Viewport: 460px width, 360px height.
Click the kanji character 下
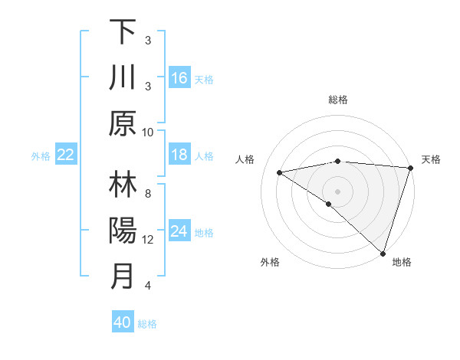point(123,32)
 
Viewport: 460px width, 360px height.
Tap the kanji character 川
point(123,77)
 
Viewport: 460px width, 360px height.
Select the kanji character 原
point(123,123)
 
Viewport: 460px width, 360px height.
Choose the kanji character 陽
point(123,231)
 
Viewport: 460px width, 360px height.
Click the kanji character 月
point(123,276)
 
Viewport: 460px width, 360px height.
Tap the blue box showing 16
point(179,77)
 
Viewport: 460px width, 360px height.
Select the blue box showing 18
point(179,155)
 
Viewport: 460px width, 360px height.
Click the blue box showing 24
point(179,231)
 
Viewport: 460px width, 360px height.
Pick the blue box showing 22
point(66,155)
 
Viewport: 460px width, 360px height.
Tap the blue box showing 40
point(123,322)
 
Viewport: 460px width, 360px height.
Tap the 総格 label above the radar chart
point(338,100)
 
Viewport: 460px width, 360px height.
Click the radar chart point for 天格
point(410,168)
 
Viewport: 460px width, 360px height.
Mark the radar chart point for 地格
point(383,252)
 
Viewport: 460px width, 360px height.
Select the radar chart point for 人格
point(279,172)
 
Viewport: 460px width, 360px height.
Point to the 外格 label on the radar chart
point(270,262)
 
